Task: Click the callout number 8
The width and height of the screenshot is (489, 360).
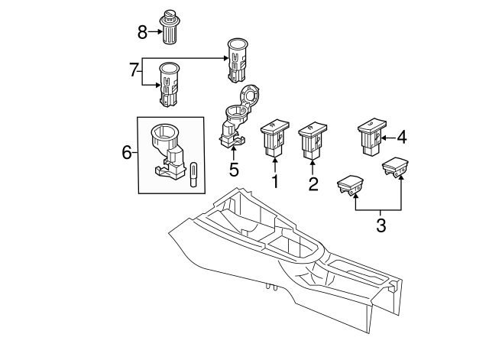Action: coord(142,32)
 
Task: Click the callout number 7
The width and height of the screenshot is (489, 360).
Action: coord(134,70)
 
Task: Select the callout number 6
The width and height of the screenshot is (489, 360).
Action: coord(127,153)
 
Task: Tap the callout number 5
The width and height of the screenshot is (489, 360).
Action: coord(234,170)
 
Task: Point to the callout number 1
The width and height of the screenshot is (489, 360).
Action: coord(274,183)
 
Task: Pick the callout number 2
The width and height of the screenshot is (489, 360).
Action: coord(313,183)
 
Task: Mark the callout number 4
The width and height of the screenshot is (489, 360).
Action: coord(402,138)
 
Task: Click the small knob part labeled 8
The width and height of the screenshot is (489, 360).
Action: coord(169,26)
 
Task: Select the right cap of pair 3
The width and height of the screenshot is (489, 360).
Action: coord(397,166)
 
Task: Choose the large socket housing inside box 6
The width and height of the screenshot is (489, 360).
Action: coord(168,149)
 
